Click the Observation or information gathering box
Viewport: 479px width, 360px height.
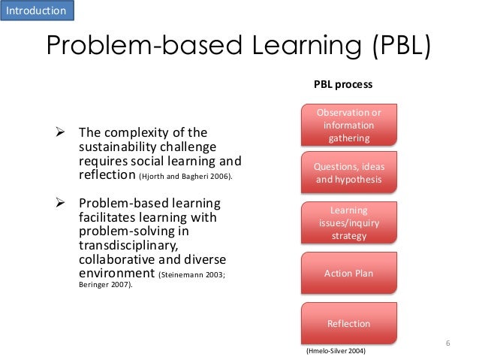coord(348,126)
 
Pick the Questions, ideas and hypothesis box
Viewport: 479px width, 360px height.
coord(348,173)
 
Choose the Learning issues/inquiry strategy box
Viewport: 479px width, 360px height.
coord(348,223)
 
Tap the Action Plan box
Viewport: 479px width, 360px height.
coord(348,273)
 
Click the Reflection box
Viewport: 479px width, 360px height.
coord(348,323)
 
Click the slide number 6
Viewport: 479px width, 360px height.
coord(447,343)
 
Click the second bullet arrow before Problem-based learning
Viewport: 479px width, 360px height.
coord(64,205)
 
